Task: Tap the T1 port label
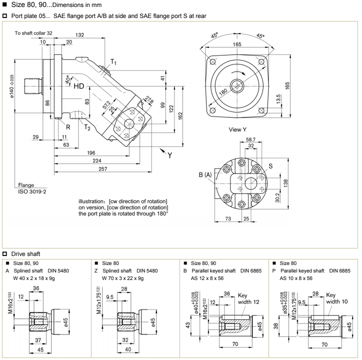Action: tap(115, 62)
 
